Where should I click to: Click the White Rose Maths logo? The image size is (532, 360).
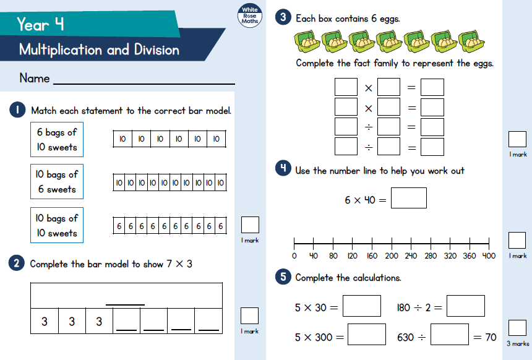(250, 15)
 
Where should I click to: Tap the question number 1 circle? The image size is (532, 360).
(17, 109)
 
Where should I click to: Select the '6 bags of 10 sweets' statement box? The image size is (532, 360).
(57, 139)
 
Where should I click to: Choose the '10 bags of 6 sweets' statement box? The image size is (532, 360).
(57, 181)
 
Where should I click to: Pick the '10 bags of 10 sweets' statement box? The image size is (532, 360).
(57, 225)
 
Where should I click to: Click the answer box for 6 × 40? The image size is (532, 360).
(409, 198)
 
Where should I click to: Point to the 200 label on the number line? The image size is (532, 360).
(392, 256)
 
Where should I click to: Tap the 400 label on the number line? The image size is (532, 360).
(489, 256)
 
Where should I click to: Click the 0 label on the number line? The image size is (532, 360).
(294, 256)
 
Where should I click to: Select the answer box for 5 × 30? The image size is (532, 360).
(362, 306)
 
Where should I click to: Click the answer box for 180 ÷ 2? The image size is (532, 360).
(465, 306)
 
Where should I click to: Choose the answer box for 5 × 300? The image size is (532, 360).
(367, 334)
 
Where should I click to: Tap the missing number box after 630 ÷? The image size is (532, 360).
(450, 334)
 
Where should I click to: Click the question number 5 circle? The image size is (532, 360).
(283, 276)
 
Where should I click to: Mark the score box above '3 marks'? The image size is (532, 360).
(517, 328)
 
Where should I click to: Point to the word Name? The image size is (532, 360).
(35, 79)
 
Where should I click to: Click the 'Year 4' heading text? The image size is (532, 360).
(40, 24)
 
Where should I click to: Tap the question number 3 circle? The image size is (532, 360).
(283, 17)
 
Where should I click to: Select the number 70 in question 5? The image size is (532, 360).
(491, 337)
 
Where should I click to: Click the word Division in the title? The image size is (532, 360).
(157, 50)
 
